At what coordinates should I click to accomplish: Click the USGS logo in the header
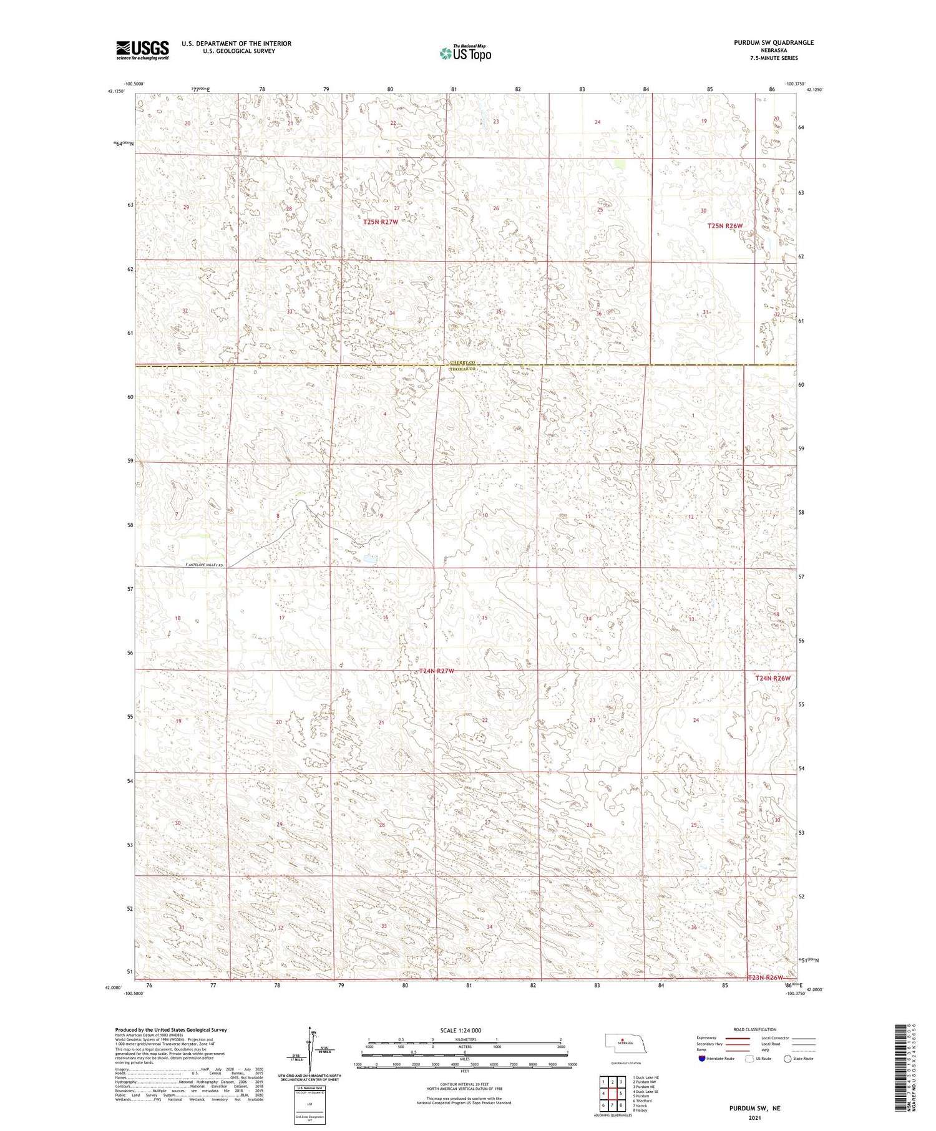point(142,50)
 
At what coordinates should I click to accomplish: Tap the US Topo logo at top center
point(466,54)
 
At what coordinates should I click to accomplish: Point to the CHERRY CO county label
point(463,363)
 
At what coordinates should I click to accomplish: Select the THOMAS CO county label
point(463,369)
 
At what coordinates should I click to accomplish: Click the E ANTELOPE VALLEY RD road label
point(205,565)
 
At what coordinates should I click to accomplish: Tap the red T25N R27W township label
point(381,221)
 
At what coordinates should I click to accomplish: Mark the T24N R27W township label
point(437,671)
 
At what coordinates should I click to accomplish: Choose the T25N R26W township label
point(725,226)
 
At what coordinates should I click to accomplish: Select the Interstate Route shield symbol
point(702,1059)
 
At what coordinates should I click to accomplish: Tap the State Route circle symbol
point(787,1059)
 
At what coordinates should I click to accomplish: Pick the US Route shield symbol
point(749,1059)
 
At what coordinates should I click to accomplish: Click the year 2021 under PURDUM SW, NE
point(755,1118)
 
